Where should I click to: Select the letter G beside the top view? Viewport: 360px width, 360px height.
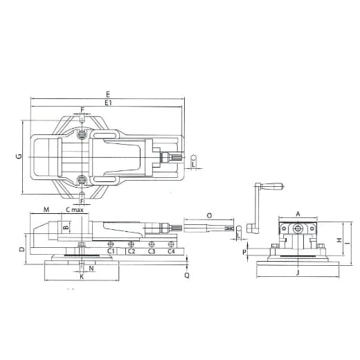tap(19, 157)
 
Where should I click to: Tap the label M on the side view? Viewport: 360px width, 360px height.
tap(46, 209)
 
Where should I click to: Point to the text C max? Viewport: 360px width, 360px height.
tap(74, 209)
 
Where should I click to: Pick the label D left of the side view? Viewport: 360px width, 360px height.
tap(22, 249)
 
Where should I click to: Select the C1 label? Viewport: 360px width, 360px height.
tap(111, 251)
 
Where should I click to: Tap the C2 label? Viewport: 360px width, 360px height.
tap(131, 251)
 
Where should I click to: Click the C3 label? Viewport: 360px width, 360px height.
tap(151, 251)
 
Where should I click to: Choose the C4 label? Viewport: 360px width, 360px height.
tap(170, 251)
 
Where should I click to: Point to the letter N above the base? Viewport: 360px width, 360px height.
tap(92, 268)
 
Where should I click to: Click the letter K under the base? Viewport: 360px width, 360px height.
tap(81, 277)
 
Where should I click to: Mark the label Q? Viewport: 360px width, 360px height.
tap(187, 275)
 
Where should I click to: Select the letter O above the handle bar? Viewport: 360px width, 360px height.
tap(210, 215)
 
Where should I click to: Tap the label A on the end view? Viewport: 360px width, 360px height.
tap(298, 215)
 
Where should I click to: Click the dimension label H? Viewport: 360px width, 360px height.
tap(339, 240)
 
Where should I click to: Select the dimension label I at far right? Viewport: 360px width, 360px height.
tap(348, 243)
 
